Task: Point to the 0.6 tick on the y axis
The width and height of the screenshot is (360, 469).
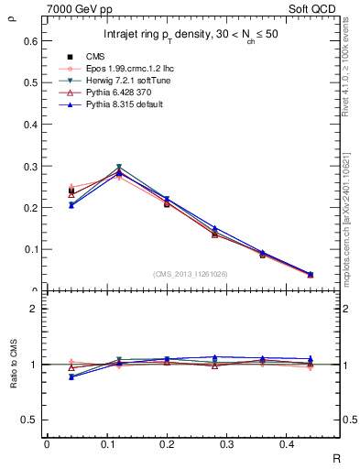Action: click(30, 41)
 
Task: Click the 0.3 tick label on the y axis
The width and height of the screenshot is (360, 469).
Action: click(30, 167)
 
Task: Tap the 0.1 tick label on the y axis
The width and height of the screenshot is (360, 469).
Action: click(30, 249)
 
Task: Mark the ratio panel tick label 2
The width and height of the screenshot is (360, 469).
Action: click(34, 309)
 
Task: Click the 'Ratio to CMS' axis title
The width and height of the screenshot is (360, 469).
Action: click(13, 365)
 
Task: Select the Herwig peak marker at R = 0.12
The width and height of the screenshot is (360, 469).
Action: click(119, 168)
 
